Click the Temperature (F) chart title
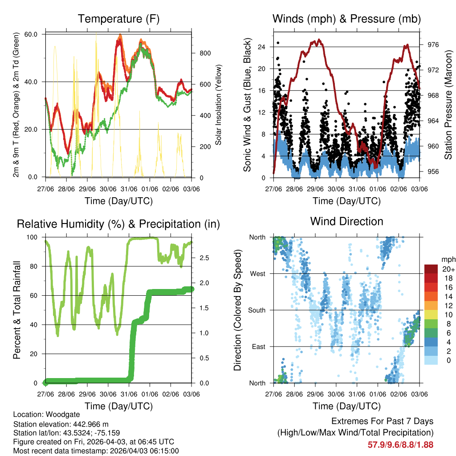pyautogui.click(x=118, y=19)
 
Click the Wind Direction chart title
pyautogui.click(x=346, y=221)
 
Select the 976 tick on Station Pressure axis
pyautogui.click(x=433, y=45)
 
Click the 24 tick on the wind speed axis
pyautogui.click(x=262, y=47)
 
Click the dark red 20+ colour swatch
pyautogui.click(x=431, y=269)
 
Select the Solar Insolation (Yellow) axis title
pyautogui.click(x=219, y=105)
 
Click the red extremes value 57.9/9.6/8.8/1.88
pyautogui.click(x=400, y=444)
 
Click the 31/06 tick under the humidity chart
pyautogui.click(x=129, y=394)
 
